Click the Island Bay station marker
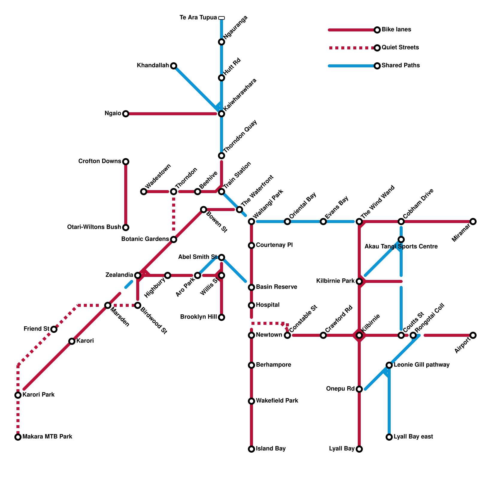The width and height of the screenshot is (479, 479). pyautogui.click(x=251, y=449)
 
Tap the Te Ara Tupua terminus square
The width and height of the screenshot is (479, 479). pyautogui.click(x=222, y=18)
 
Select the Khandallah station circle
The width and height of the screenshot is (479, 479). pyautogui.click(x=174, y=66)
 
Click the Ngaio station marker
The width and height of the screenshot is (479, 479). pyautogui.click(x=126, y=114)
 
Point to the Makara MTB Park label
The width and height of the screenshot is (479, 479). pyautogui.click(x=47, y=437)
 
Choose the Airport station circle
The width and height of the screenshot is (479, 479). pyautogui.click(x=473, y=335)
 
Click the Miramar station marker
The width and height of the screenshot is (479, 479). pyautogui.click(x=473, y=222)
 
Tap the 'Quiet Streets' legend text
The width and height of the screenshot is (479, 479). pyautogui.click(x=400, y=48)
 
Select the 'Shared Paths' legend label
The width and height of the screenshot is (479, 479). pyautogui.click(x=401, y=66)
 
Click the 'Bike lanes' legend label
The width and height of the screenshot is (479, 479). pyautogui.click(x=396, y=30)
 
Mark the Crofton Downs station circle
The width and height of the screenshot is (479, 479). pyautogui.click(x=126, y=162)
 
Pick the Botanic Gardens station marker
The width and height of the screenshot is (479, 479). pyautogui.click(x=174, y=239)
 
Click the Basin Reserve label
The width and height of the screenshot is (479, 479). pyautogui.click(x=277, y=287)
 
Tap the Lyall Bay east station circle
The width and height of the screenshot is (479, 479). pyautogui.click(x=389, y=437)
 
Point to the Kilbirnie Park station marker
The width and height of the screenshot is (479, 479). pyautogui.click(x=359, y=281)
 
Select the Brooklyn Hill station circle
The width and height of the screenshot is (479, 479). pyautogui.click(x=222, y=317)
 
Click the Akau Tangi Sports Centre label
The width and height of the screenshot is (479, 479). pyautogui.click(x=401, y=247)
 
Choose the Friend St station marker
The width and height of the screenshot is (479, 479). pyautogui.click(x=54, y=329)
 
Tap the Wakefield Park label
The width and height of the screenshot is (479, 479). pyautogui.click(x=277, y=401)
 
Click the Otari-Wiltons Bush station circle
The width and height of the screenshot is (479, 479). pyautogui.click(x=126, y=228)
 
